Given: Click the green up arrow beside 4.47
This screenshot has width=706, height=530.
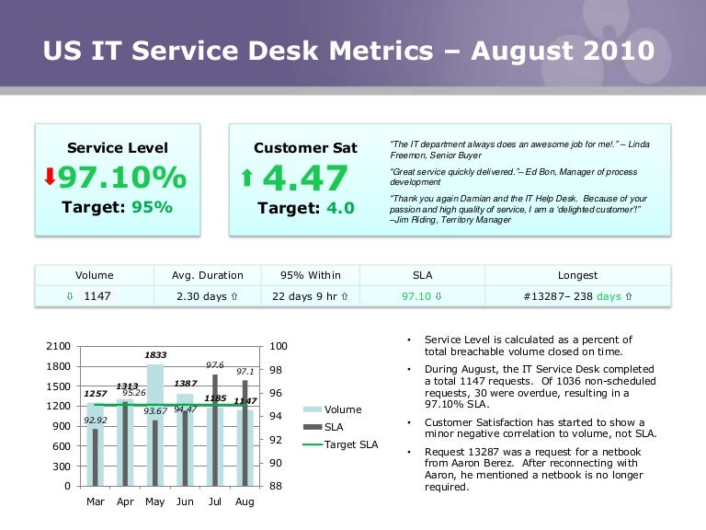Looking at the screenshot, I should (246, 179).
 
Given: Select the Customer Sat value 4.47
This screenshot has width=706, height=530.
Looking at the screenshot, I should (304, 178).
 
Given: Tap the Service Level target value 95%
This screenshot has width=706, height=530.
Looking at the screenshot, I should (151, 207).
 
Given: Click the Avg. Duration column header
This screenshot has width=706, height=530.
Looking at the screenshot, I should (208, 275).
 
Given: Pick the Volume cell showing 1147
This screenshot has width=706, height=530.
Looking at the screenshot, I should (97, 296).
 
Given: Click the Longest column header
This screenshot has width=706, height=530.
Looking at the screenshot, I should (577, 275).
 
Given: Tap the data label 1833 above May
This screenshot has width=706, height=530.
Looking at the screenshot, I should (154, 354).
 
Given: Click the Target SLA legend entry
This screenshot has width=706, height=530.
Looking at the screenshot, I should (350, 445).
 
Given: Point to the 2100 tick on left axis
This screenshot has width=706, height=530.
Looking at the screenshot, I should (57, 346).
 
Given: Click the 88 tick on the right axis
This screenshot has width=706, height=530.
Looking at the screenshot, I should (274, 486).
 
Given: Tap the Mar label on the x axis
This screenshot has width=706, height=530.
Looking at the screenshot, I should (95, 501).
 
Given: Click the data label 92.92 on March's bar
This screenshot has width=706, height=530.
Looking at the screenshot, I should (95, 421).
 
